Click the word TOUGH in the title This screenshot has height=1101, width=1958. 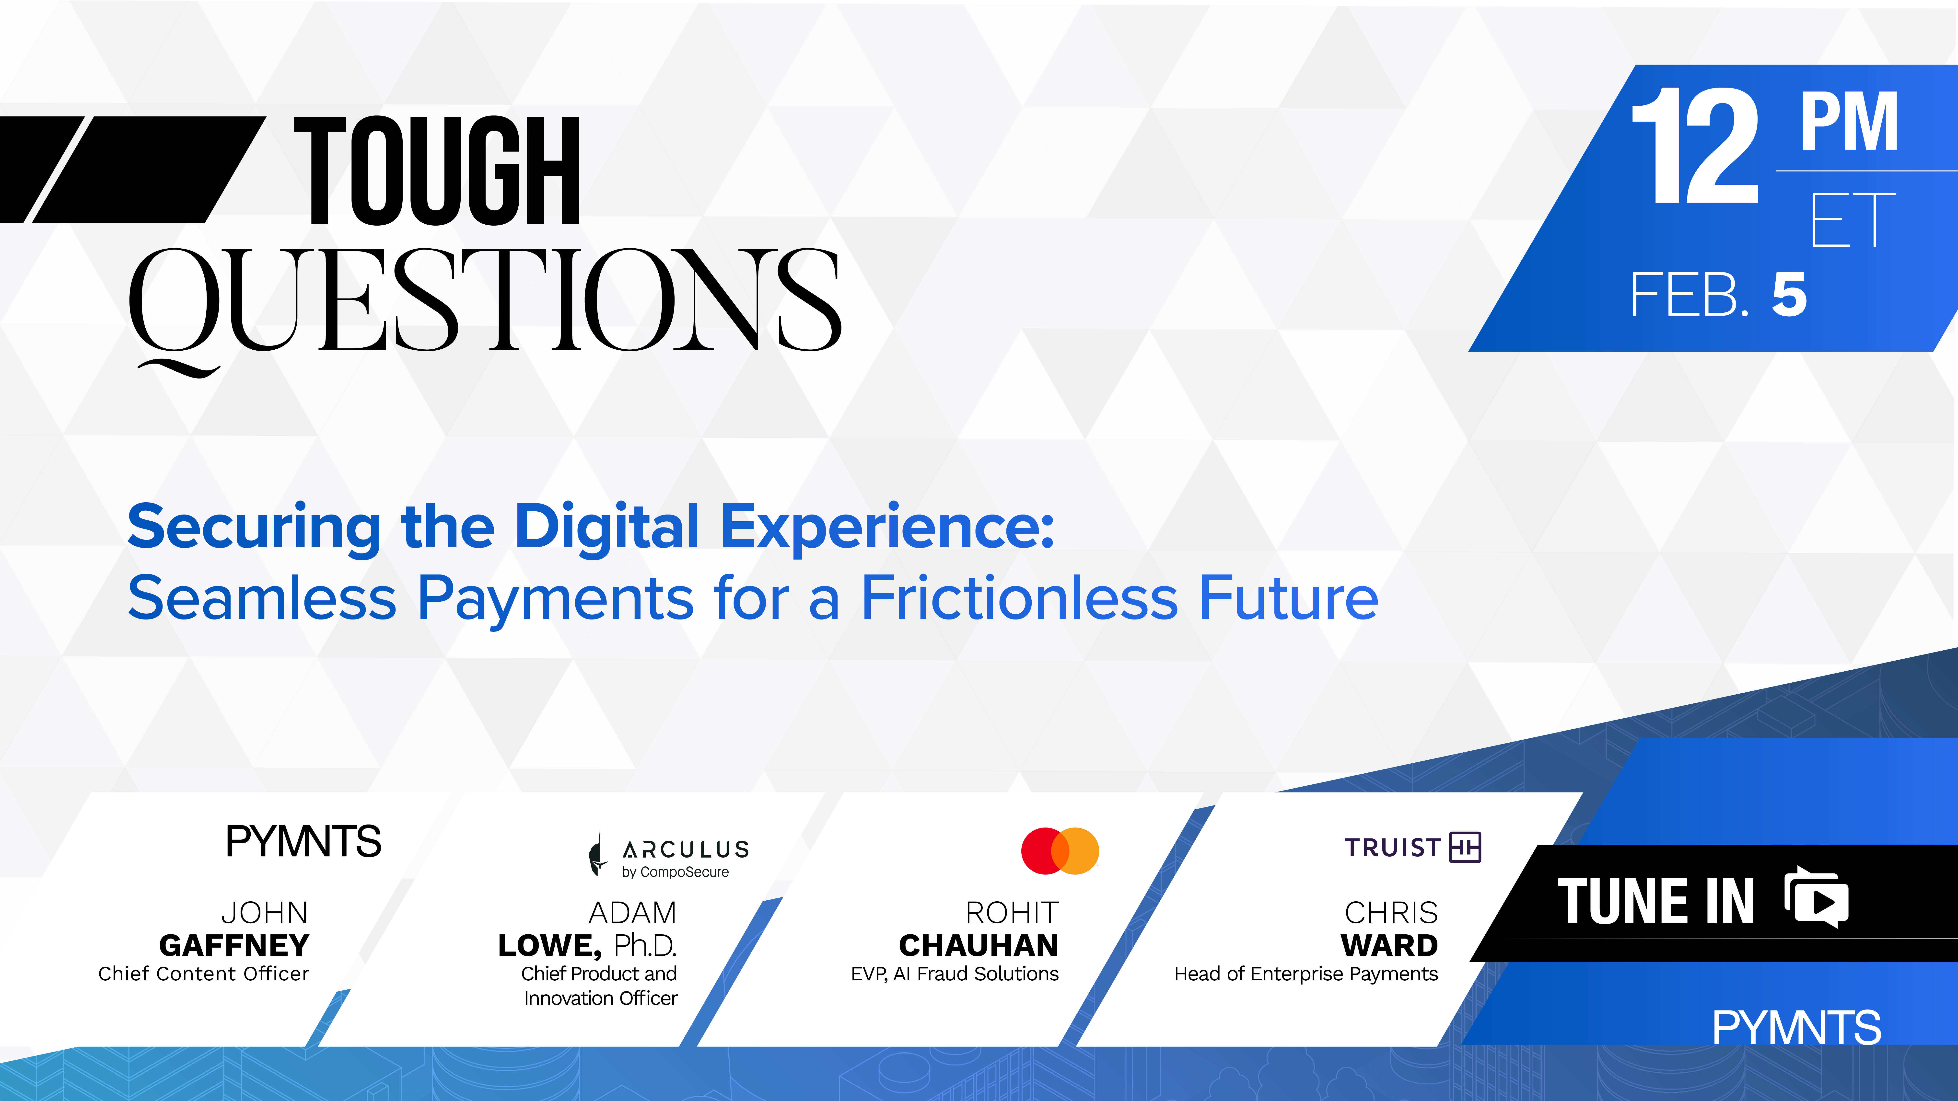[437, 171]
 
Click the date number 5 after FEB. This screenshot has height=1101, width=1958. [1789, 295]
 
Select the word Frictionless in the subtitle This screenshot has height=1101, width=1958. [1019, 598]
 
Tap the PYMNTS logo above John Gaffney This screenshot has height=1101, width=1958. [303, 841]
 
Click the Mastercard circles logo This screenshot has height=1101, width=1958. [1060, 850]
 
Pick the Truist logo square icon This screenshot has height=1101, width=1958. [1466, 847]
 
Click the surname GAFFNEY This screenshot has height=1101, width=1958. [234, 945]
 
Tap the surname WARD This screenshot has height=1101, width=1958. [1389, 945]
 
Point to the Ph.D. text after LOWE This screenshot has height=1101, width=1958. [645, 945]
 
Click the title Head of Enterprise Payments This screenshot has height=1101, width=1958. [1306, 974]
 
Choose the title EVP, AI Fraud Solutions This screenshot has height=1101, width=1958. [955, 974]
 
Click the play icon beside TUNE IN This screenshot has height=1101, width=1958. [1817, 897]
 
